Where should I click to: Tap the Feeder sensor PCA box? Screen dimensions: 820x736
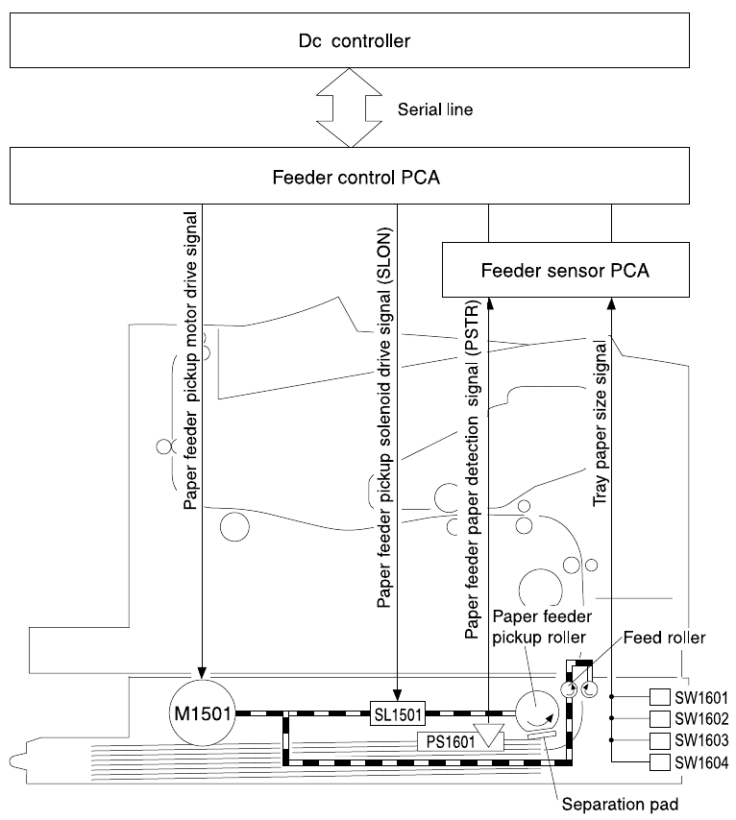[x=565, y=270]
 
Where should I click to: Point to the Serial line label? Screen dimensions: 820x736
[x=434, y=109]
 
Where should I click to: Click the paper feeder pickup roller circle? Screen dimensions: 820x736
[x=534, y=715]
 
